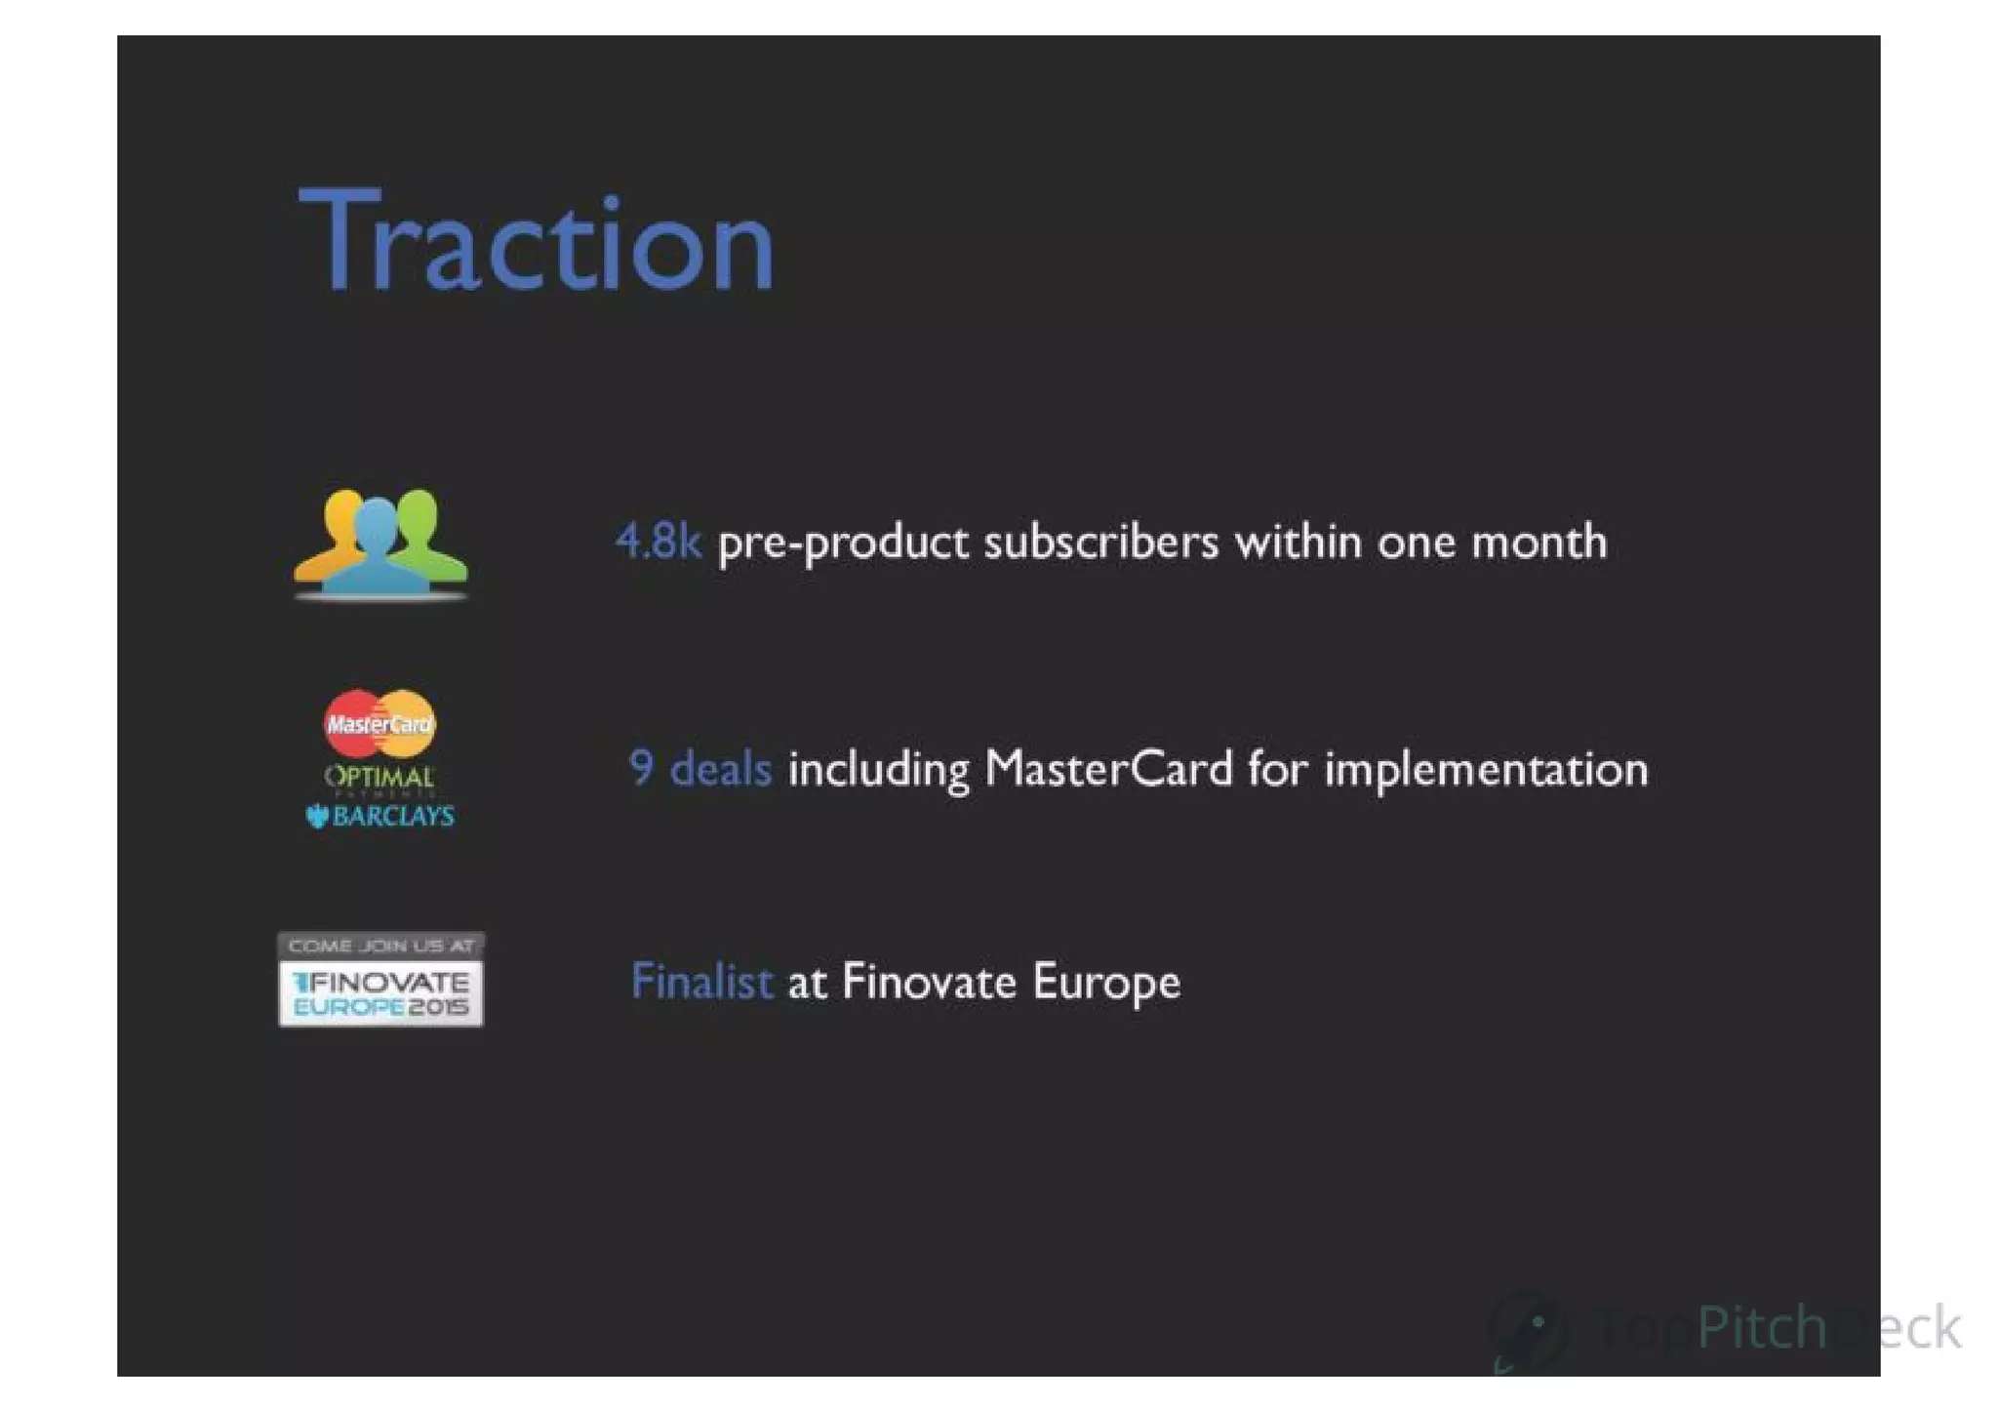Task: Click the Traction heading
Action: click(537, 241)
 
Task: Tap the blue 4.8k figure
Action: click(659, 542)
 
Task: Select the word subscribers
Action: click(1100, 542)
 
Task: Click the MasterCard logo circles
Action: click(380, 723)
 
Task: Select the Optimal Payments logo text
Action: click(380, 778)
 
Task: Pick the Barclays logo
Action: click(380, 816)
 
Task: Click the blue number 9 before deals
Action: click(641, 768)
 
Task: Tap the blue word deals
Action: click(721, 769)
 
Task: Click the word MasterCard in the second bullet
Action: click(1109, 769)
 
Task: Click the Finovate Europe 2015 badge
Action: click(380, 992)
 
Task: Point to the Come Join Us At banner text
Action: click(380, 946)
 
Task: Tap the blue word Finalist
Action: click(701, 982)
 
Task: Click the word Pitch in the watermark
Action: click(1761, 1327)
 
